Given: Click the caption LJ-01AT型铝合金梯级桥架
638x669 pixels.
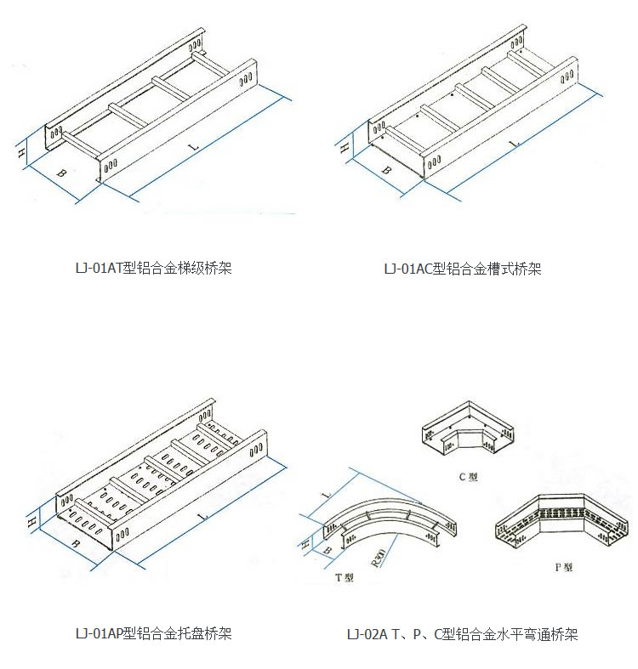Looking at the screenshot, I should (153, 269).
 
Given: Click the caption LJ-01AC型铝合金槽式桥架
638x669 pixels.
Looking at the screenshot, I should (462, 269).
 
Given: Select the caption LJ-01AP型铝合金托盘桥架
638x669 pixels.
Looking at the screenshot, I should (153, 633).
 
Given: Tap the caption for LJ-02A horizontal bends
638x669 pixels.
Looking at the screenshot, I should (462, 634).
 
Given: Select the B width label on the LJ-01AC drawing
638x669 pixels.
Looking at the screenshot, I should (385, 170).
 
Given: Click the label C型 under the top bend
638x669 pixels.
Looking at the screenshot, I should (469, 478).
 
